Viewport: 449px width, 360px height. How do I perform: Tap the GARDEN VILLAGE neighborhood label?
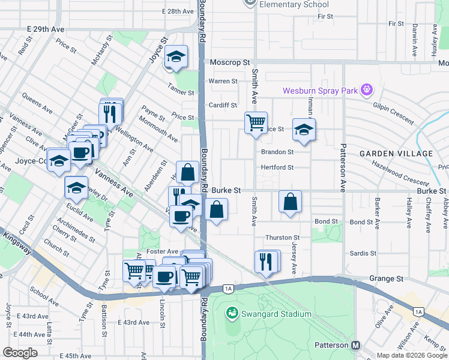[396, 154]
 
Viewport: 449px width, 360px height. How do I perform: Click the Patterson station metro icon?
[356, 346]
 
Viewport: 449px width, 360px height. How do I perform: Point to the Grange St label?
[386, 279]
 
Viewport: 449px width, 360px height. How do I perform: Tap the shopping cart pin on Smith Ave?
[256, 123]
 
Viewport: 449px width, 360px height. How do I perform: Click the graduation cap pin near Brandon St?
[304, 130]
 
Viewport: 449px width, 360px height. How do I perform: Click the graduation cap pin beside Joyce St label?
[175, 58]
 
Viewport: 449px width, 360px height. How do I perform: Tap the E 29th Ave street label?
[45, 29]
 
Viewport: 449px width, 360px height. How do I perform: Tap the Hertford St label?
[277, 167]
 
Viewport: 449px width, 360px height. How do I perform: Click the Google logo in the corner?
[20, 353]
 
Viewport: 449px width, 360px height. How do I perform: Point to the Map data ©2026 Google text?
[411, 355]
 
